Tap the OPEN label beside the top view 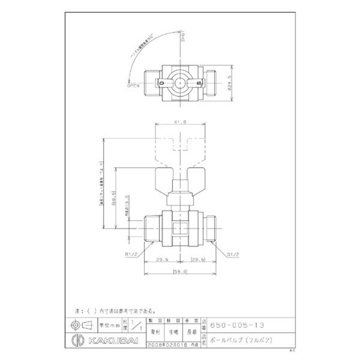(134, 85)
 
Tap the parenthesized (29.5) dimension (198, 259)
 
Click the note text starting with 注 (115, 310)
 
